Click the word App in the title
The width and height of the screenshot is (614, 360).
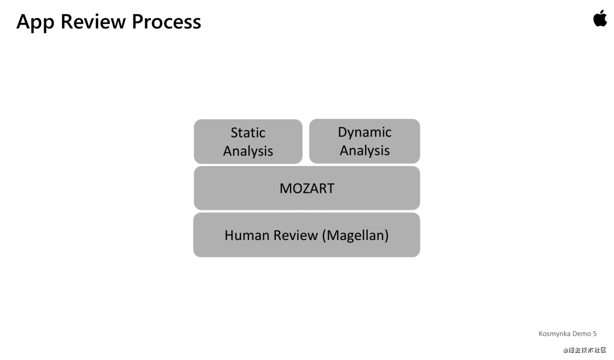click(x=36, y=22)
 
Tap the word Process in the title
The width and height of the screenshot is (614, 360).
click(x=167, y=22)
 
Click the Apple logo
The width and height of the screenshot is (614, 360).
click(x=600, y=18)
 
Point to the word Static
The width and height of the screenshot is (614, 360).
click(x=248, y=133)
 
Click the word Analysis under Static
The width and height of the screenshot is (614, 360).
click(x=248, y=151)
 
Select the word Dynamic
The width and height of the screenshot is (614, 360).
click(x=364, y=132)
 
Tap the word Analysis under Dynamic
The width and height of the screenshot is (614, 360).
click(x=364, y=150)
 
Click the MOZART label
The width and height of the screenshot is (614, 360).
click(x=307, y=188)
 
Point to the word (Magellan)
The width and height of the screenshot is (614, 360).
click(x=355, y=235)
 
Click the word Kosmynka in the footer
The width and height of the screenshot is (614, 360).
click(x=555, y=334)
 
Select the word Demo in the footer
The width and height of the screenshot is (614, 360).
click(x=582, y=334)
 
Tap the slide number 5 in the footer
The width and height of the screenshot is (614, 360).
click(x=595, y=334)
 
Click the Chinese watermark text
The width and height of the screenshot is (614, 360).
click(x=585, y=350)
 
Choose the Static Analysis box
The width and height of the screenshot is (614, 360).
click(x=248, y=142)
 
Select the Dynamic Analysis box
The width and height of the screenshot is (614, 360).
click(x=364, y=141)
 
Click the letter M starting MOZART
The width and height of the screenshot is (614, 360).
click(x=285, y=188)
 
